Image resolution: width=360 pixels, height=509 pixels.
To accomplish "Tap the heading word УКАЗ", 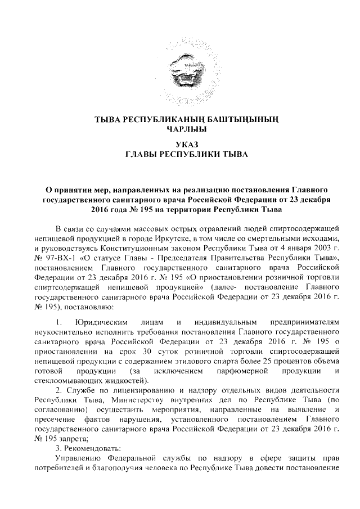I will coord(179,145).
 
